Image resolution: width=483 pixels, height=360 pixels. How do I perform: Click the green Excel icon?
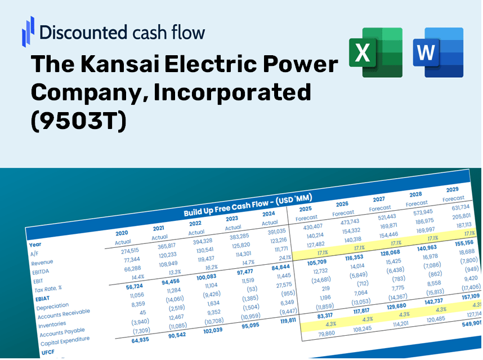click(x=375, y=52)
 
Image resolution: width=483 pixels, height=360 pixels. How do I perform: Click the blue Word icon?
click(x=438, y=52)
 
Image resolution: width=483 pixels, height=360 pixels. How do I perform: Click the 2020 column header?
click(x=122, y=233)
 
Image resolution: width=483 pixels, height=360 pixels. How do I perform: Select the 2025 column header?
click(x=305, y=209)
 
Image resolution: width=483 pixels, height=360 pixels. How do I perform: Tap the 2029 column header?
click(x=452, y=189)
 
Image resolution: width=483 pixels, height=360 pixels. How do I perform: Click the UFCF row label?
click(x=48, y=353)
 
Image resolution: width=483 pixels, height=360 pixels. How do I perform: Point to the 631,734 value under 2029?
click(x=457, y=208)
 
